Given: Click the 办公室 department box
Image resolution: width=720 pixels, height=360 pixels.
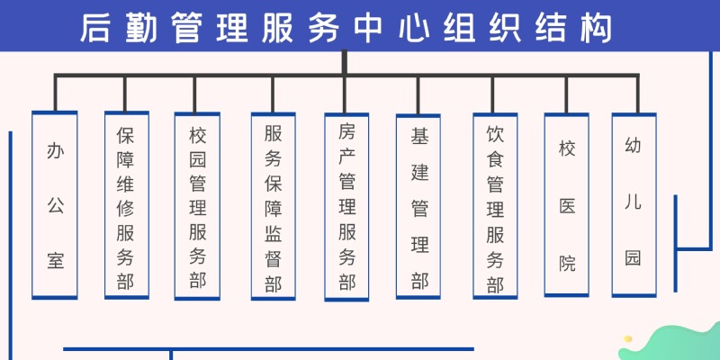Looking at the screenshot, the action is click(x=55, y=205).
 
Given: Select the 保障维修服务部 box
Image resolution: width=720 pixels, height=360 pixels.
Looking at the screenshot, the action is click(x=127, y=205).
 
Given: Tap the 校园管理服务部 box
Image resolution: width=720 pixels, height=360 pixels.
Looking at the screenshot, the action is click(x=197, y=206).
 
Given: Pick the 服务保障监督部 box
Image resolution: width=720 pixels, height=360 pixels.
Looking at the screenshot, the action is click(x=274, y=206).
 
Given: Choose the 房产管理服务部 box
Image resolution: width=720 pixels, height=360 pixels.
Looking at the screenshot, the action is click(x=346, y=207).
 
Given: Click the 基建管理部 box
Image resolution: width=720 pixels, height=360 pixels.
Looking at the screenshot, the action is click(x=418, y=206).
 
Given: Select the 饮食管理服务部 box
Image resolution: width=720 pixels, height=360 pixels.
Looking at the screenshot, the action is click(x=495, y=206).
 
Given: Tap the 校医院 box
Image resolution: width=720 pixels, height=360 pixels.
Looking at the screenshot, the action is click(x=567, y=205).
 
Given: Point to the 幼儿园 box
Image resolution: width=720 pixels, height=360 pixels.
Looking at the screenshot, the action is click(x=634, y=205).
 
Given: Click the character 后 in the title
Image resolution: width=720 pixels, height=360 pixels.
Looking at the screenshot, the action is click(x=95, y=28).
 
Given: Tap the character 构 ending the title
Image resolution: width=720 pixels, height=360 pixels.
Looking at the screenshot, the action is click(x=597, y=28).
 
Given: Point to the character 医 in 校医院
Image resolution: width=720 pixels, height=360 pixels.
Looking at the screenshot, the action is click(x=567, y=206).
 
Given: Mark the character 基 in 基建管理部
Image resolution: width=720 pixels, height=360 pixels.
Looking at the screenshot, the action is click(x=419, y=136).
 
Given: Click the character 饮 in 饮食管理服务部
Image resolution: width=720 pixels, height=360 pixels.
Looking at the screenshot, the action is click(x=496, y=133).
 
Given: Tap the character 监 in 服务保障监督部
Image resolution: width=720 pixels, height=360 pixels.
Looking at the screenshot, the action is click(x=274, y=234).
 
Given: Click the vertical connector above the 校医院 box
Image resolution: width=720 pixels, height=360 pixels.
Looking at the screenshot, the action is click(x=566, y=94).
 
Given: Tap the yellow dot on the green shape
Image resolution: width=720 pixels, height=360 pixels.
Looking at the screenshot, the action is click(x=627, y=339).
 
